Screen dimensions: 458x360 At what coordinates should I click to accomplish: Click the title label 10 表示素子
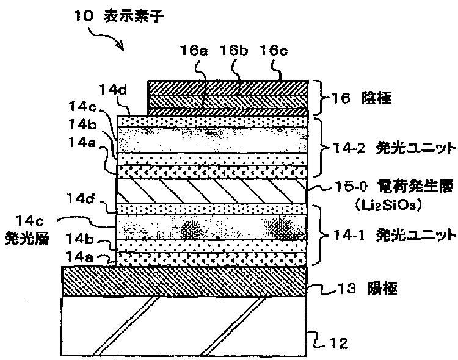118,15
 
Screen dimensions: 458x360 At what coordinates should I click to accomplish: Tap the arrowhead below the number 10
122,47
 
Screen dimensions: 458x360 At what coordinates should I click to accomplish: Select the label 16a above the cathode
194,50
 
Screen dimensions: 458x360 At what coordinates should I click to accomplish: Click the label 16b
234,50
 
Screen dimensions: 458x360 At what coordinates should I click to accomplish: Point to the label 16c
274,50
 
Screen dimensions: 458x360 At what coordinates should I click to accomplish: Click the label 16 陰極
361,98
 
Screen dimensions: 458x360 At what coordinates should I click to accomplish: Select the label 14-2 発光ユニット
394,148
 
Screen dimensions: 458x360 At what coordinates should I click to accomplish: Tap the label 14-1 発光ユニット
394,235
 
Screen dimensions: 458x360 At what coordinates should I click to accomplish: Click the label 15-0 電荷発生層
394,186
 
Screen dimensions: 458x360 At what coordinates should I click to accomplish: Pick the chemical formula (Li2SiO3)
388,205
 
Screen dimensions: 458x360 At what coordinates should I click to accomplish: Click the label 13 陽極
367,289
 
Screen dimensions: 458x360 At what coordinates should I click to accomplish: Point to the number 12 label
339,343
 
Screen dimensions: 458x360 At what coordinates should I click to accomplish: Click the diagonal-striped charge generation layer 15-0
212,191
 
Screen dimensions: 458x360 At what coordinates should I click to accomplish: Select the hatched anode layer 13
184,281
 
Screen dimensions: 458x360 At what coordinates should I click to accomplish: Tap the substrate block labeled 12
184,326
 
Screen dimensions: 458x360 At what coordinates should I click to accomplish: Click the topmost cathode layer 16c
228,88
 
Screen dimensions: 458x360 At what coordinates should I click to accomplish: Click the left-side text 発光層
27,238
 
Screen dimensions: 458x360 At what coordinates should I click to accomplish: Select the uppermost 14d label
114,89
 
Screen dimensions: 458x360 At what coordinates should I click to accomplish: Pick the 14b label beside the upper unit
82,124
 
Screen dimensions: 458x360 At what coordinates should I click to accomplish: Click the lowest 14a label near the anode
79,257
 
